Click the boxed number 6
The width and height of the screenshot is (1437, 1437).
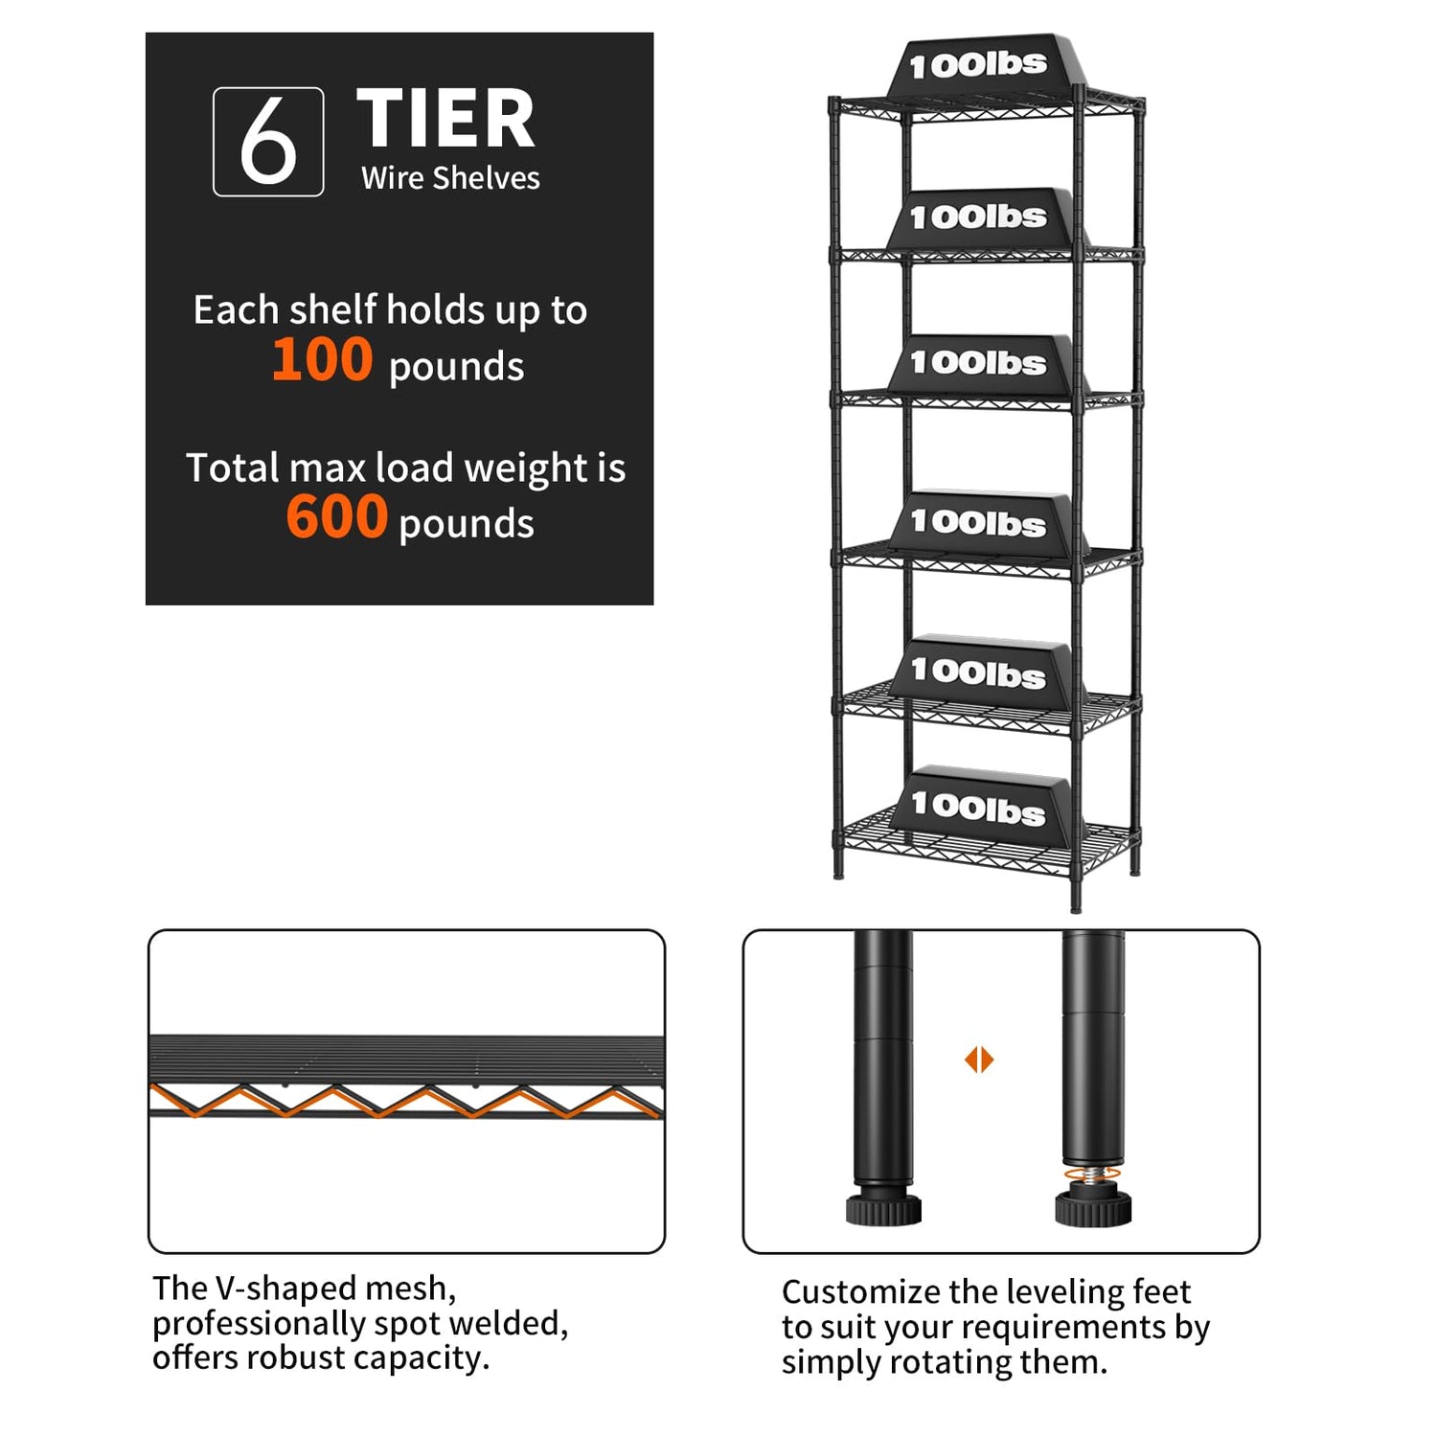pyautogui.click(x=268, y=142)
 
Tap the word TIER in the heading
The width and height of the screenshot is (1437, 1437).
pyautogui.click(x=445, y=119)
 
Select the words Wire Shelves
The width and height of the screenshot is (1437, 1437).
pyautogui.click(x=450, y=178)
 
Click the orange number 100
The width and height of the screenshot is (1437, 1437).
pyautogui.click(x=322, y=360)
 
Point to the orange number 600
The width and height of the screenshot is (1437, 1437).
pyautogui.click(x=336, y=517)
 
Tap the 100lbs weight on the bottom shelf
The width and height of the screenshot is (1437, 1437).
pyautogui.click(x=979, y=808)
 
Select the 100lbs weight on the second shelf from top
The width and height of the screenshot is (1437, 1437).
pyautogui.click(x=979, y=217)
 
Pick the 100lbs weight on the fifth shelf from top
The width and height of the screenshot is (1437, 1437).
pyautogui.click(x=979, y=673)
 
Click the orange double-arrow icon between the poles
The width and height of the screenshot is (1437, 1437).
pyautogui.click(x=979, y=1060)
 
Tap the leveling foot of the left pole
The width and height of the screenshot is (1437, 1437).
pyautogui.click(x=883, y=1206)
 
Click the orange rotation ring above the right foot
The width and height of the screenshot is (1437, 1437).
pyautogui.click(x=1092, y=1174)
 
